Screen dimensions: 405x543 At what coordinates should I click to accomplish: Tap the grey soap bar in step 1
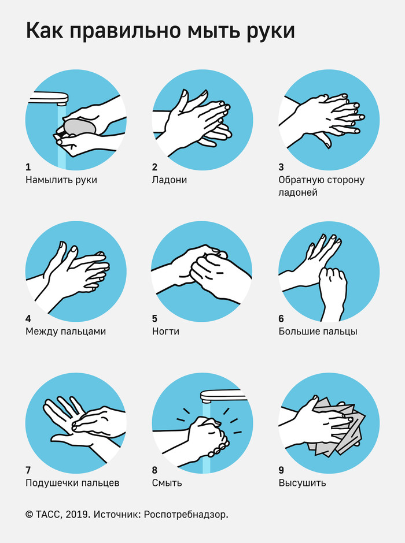79,127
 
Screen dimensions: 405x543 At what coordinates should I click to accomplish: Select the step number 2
154,167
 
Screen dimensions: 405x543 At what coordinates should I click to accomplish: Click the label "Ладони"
169,180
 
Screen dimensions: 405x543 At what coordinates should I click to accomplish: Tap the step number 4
28,319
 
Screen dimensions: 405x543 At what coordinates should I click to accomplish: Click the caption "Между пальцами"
65,332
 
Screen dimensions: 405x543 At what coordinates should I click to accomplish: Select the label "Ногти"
165,332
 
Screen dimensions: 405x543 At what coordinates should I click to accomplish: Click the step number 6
281,319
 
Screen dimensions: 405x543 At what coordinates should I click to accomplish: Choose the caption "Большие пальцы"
318,332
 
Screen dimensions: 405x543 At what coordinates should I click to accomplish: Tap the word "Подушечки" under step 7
49,483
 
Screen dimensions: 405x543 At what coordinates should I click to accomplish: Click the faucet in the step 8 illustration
223,395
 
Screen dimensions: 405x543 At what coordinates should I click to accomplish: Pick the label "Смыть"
167,483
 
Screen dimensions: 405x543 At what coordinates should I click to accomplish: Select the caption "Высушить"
303,483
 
